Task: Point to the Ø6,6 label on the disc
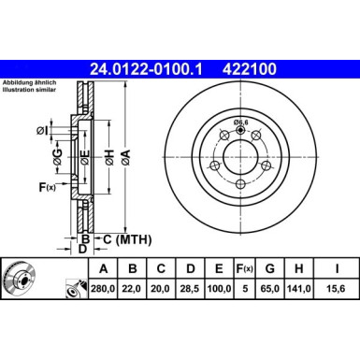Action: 241,122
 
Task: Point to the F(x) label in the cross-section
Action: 46,187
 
